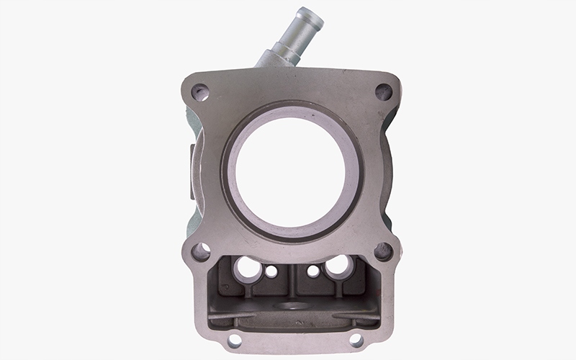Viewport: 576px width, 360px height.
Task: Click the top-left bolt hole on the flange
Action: [200, 91]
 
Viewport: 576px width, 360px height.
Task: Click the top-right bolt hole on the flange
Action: [384, 91]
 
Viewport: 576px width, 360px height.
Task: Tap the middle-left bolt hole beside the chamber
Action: [200, 251]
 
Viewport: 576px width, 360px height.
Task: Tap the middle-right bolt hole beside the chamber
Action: [383, 251]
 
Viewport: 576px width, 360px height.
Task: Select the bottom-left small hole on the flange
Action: [234, 340]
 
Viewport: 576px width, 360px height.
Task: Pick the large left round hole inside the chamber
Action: [248, 268]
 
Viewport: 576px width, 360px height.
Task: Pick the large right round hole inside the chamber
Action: [337, 267]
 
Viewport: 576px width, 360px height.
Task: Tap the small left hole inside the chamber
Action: [271, 271]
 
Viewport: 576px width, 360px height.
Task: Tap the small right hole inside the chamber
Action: [313, 271]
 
